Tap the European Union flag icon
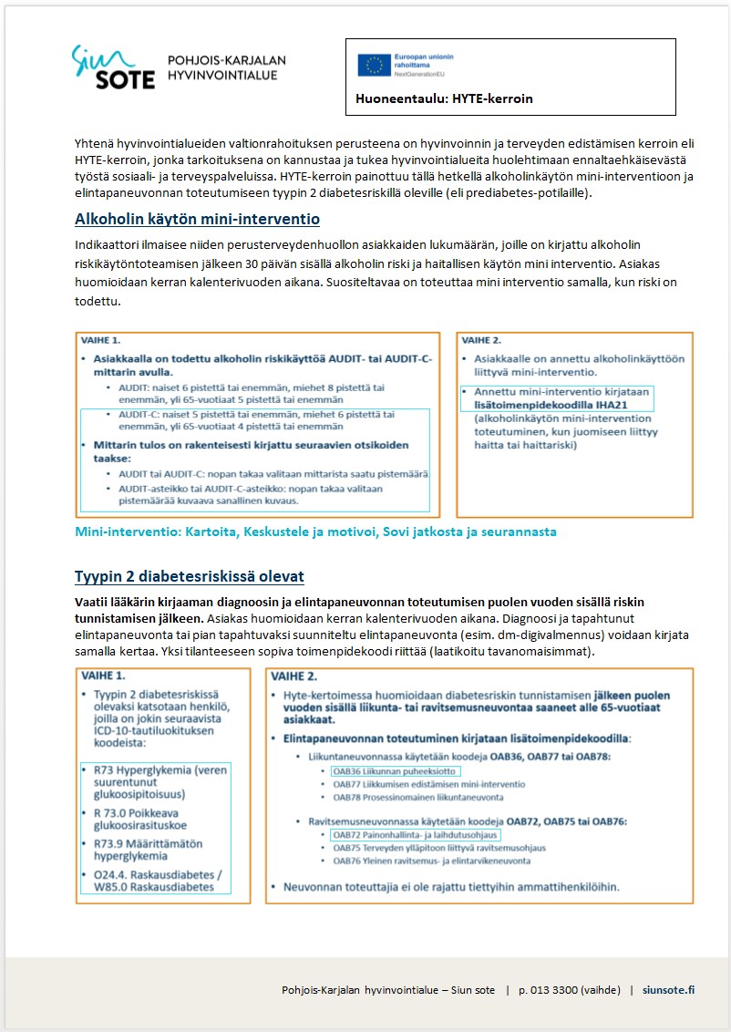coord(374,65)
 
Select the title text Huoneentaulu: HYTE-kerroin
coord(444,98)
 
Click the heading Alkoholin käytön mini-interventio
coord(197,220)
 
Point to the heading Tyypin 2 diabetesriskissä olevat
coord(190,576)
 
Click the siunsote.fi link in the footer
coord(668,990)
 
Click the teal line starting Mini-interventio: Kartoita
coord(315,531)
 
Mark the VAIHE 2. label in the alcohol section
coord(484,339)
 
